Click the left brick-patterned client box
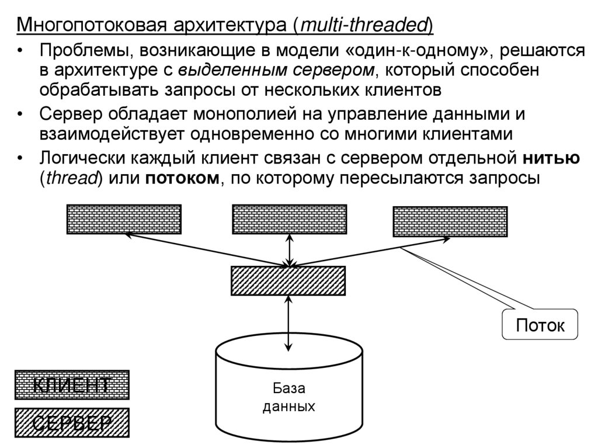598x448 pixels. pos(124,219)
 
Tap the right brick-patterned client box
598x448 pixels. pos(450,222)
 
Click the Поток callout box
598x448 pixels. pos(540,325)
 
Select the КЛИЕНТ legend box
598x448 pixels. pos(71,385)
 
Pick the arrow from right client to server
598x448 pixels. pos(371,252)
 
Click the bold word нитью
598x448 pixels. pos(551,158)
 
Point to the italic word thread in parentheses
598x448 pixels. pos(71,178)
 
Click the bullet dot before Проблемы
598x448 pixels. pos(21,51)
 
